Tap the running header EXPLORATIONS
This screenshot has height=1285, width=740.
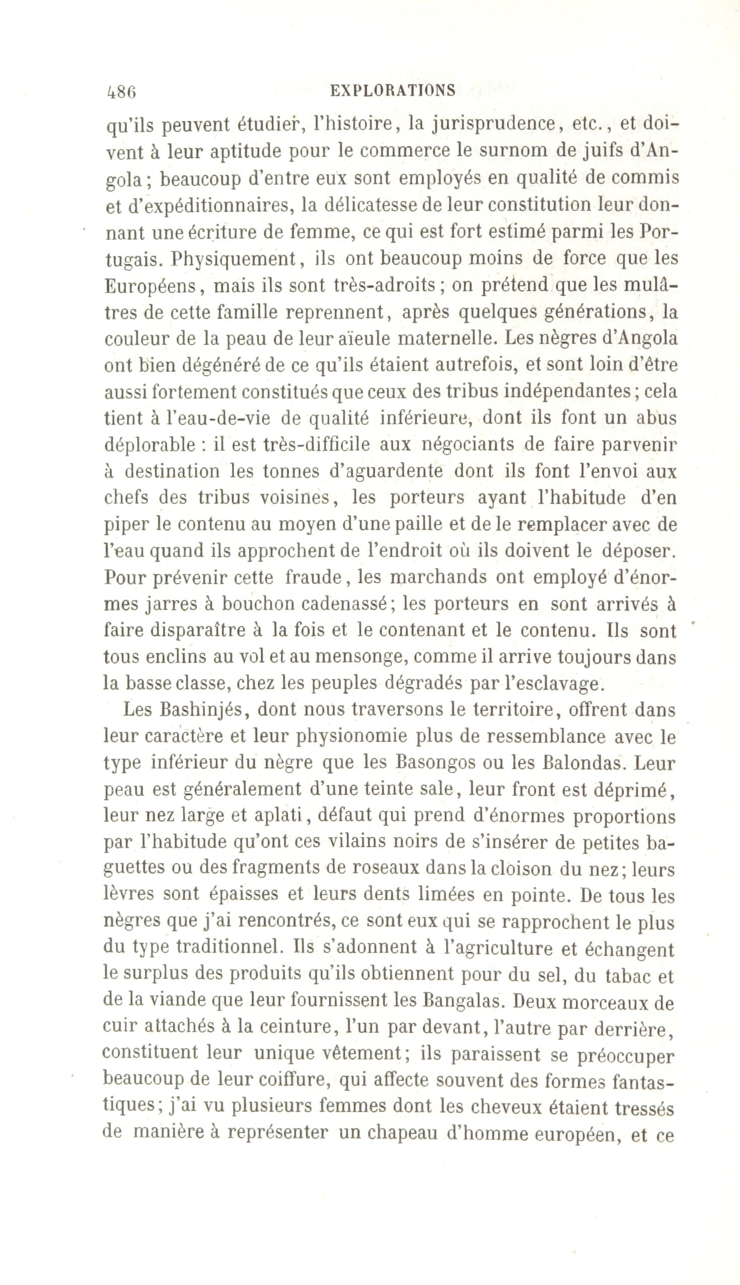coord(393,91)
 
